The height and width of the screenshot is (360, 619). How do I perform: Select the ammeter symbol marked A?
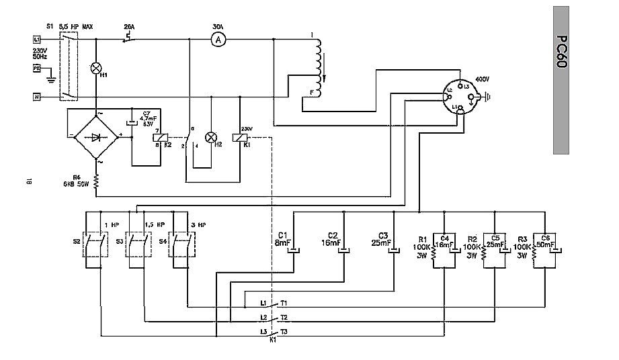pos(217,40)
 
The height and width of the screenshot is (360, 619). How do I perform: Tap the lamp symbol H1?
pos(96,69)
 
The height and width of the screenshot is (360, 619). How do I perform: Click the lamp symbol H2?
pos(212,137)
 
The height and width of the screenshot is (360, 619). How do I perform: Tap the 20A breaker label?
pos(129,26)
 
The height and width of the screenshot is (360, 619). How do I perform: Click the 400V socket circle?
pos(462,97)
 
